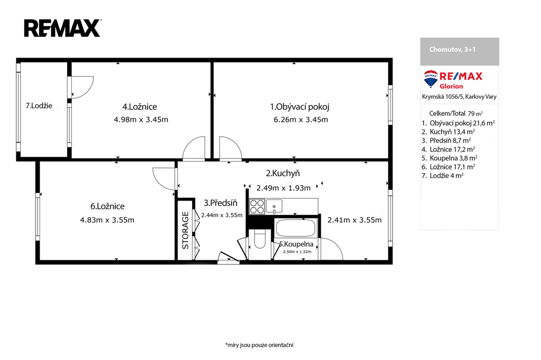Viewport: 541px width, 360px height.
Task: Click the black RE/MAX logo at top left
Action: tap(62, 29)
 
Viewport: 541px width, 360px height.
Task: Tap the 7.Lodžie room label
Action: tap(39, 106)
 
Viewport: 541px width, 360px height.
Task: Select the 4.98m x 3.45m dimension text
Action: tap(141, 120)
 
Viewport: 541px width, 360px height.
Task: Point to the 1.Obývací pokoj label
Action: tap(300, 107)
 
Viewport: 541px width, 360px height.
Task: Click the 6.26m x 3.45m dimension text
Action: tap(301, 120)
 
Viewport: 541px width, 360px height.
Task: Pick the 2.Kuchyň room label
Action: tap(283, 173)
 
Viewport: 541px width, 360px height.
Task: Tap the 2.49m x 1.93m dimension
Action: tap(283, 188)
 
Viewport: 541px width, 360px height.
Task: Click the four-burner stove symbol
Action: tap(257, 206)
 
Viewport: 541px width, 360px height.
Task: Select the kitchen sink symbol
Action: tap(274, 206)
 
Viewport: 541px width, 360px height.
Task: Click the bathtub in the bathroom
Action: tap(295, 228)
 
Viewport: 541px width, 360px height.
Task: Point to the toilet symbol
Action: tap(260, 239)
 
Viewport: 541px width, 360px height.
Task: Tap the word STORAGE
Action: tap(185, 230)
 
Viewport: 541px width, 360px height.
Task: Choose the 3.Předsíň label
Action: tap(220, 203)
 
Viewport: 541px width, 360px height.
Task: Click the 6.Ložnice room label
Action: tap(107, 206)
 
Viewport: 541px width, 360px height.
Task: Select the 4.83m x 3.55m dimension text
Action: tap(107, 220)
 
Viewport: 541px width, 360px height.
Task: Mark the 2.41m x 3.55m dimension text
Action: tap(355, 220)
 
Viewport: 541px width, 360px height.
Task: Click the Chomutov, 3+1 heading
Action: tap(452, 49)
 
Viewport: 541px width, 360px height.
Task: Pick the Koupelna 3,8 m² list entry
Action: tap(450, 158)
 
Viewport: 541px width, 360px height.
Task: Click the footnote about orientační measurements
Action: tap(259, 345)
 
